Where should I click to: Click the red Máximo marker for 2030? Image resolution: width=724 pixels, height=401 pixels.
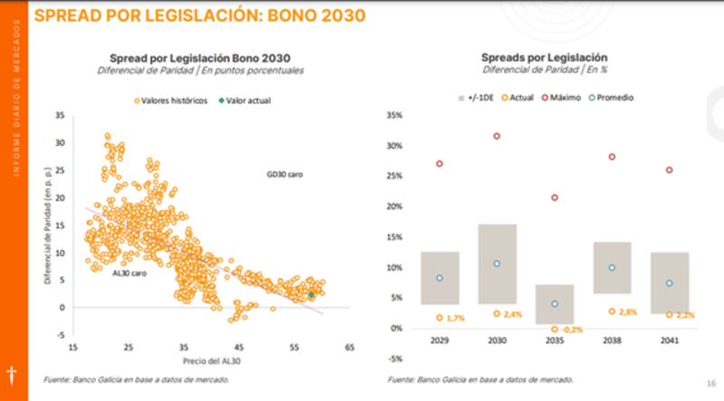(496, 136)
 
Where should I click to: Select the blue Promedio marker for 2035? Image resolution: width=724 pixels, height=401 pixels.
(555, 303)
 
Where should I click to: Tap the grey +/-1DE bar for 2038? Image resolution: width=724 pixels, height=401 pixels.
(612, 267)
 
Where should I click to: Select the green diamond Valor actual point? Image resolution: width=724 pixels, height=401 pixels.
(311, 294)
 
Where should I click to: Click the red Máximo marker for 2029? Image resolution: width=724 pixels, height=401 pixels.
(439, 164)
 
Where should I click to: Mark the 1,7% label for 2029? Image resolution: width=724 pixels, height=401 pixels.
(456, 319)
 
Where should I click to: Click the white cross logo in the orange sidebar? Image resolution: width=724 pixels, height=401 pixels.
(12, 374)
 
